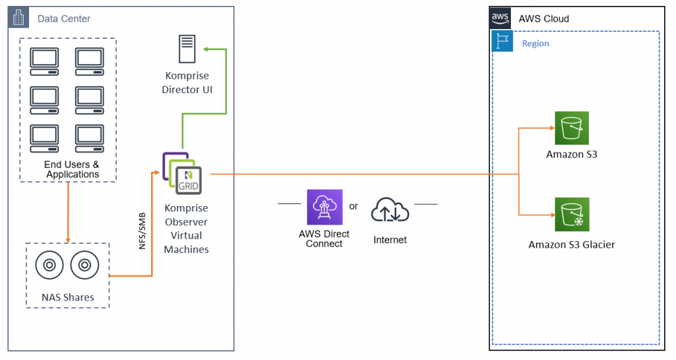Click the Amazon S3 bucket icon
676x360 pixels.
571,127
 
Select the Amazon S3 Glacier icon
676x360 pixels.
571,215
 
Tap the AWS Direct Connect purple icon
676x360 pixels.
325,207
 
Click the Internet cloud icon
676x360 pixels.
390,210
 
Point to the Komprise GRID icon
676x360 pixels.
179,173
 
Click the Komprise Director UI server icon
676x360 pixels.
187,50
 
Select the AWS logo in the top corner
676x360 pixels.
500,18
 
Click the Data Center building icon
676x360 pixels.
18,18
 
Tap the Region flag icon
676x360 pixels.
502,42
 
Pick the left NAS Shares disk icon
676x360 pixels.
49,266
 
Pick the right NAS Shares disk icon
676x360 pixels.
84,266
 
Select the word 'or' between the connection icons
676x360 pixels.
354,206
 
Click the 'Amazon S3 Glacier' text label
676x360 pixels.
571,244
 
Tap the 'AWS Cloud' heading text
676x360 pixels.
543,18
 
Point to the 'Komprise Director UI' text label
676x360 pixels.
187,83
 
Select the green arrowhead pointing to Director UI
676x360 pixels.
206,49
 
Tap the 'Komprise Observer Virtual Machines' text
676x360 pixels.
187,229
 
